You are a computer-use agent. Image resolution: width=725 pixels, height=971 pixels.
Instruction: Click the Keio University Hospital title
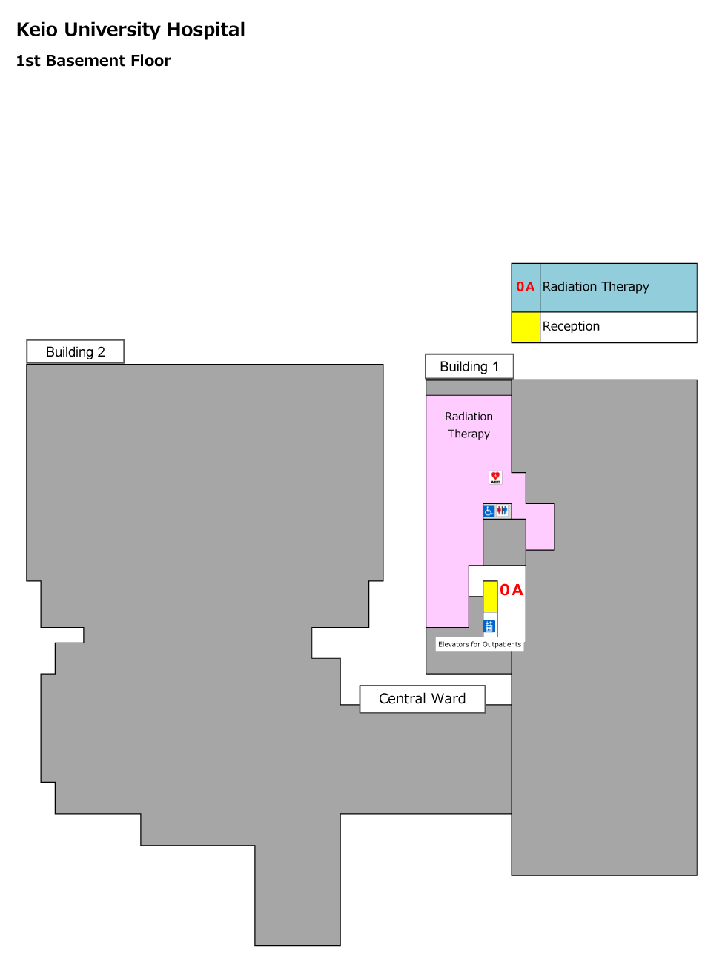130,30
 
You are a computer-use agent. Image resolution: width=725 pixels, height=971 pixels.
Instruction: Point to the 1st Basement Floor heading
93,61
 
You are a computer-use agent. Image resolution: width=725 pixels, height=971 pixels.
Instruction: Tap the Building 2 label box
75,351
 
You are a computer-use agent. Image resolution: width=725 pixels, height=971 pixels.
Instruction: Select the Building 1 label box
469,366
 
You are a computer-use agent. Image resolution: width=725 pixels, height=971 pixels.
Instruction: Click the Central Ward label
422,698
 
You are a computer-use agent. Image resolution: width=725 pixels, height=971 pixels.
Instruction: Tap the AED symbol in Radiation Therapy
495,477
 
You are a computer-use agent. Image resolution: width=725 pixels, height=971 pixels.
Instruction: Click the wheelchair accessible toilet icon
489,511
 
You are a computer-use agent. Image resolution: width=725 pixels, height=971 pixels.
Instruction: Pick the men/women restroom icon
502,511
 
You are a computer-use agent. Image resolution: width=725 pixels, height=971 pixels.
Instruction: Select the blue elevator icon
489,626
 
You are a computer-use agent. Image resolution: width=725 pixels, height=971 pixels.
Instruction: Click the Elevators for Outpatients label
480,644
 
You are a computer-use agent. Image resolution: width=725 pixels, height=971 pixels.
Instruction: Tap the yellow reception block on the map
490,597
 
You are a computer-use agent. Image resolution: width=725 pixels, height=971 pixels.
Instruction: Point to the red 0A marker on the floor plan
511,590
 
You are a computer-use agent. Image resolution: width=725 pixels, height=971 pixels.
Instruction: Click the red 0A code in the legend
525,287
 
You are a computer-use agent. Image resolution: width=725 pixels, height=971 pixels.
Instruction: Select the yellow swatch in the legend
526,328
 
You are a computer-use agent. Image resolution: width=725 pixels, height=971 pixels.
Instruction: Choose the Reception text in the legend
571,326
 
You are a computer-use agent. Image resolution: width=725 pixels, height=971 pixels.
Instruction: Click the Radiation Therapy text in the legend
595,287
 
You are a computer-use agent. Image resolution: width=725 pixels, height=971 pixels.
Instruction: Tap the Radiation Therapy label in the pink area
469,425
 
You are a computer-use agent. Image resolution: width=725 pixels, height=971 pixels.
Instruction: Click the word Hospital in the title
205,30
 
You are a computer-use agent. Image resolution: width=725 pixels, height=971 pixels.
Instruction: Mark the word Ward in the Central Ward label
448,698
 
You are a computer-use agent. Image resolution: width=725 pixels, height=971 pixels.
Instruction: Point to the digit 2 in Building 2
101,352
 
